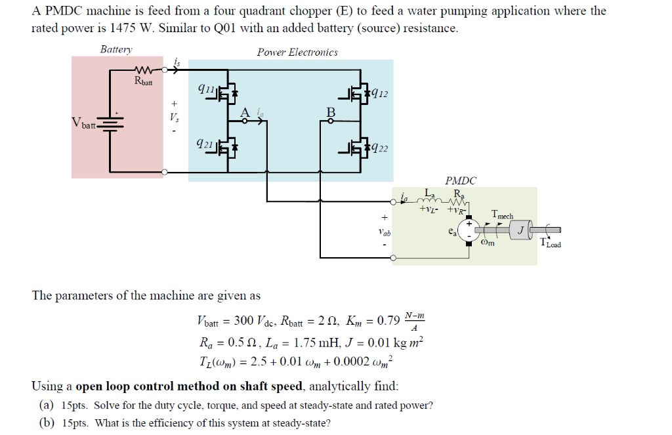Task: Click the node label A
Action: [x=245, y=112]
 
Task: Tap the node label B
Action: [x=331, y=112]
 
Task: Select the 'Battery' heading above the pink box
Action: [x=116, y=50]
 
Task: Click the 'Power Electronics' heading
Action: [x=297, y=52]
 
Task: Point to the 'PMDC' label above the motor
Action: [x=461, y=180]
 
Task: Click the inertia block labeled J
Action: [x=519, y=230]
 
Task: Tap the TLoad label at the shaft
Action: [x=550, y=243]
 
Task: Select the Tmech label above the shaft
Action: [x=502, y=215]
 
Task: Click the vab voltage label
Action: [x=384, y=232]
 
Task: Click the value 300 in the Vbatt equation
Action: [x=244, y=321]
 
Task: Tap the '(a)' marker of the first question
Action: [x=46, y=405]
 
